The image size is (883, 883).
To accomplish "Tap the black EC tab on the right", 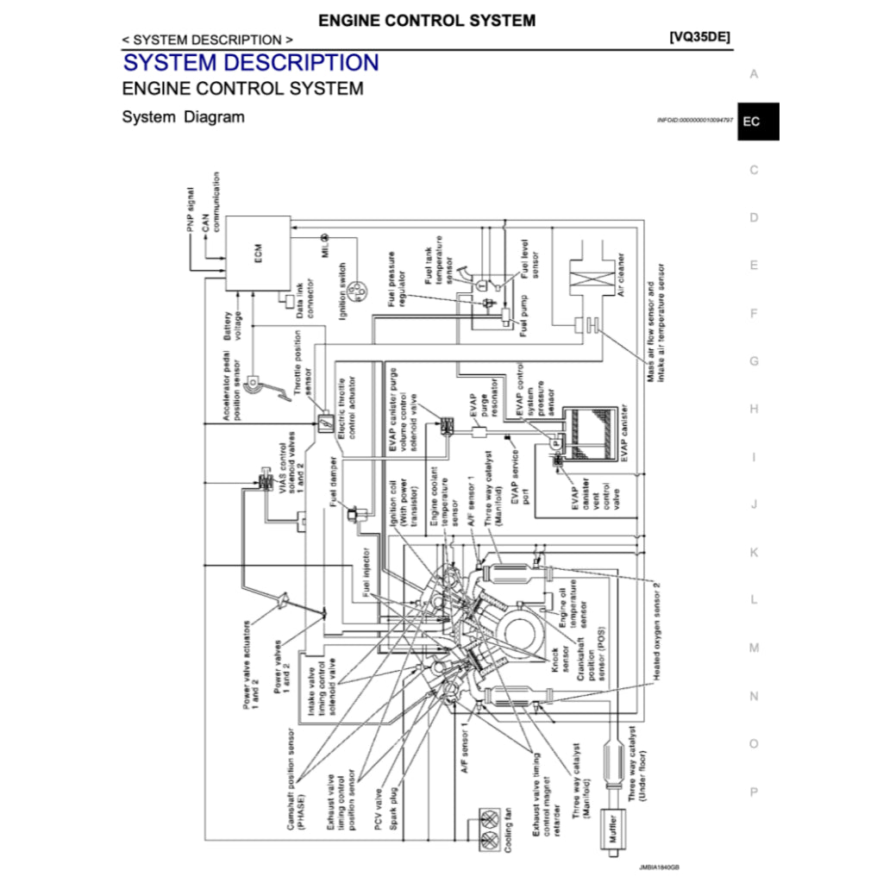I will click(x=751, y=122).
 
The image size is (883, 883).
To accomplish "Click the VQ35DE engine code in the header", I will click(x=699, y=39).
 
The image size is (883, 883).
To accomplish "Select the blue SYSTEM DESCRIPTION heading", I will click(x=251, y=63).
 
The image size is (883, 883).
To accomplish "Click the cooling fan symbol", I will click(x=491, y=828).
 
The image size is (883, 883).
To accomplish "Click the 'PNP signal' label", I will click(x=191, y=209).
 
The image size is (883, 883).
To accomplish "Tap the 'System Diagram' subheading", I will click(x=183, y=116).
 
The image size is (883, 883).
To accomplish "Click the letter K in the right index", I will click(x=754, y=552).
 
